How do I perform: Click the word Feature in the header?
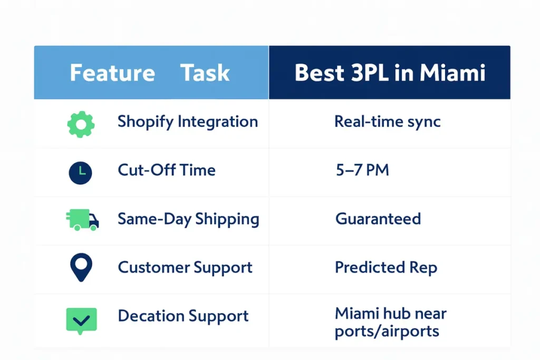click(113, 73)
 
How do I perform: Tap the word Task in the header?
click(205, 73)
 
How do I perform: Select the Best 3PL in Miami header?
click(390, 73)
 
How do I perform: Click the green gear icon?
click(81, 124)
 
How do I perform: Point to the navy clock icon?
click(80, 173)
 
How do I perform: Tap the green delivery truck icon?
click(82, 220)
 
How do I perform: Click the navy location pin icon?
click(81, 267)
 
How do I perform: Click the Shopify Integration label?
click(188, 122)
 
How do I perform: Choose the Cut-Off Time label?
click(167, 170)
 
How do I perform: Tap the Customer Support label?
click(185, 268)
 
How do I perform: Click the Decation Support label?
click(183, 316)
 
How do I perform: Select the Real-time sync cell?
click(388, 122)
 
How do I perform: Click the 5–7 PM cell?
click(362, 170)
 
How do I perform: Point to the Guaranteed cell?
click(378, 219)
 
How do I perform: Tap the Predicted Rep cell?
click(386, 268)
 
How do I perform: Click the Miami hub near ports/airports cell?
click(391, 323)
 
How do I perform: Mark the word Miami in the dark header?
click(452, 73)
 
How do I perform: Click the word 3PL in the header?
click(370, 73)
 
